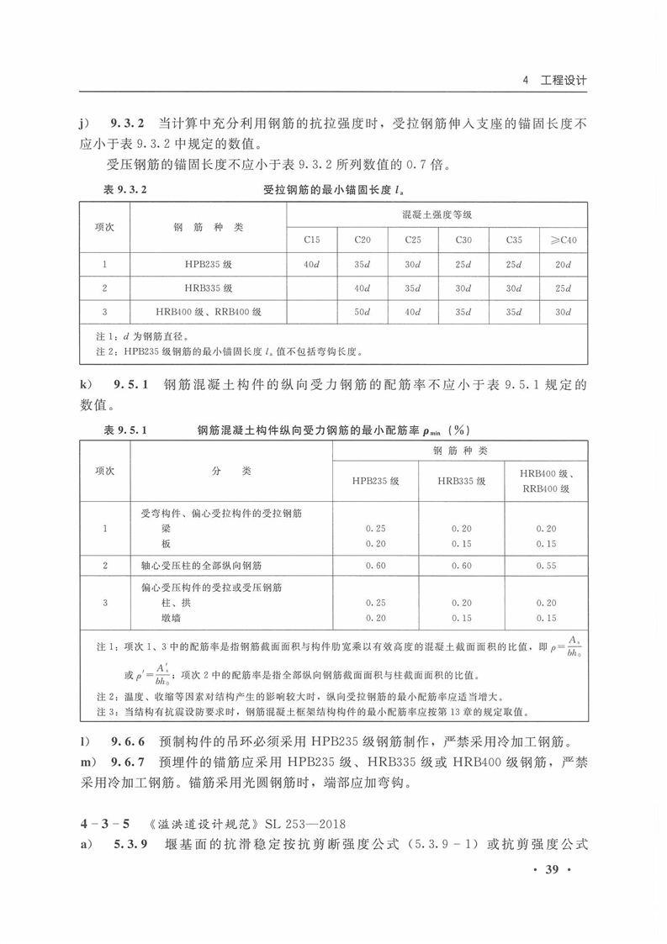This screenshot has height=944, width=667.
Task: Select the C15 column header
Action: [311, 240]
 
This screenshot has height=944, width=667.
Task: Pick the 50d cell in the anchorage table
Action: [362, 312]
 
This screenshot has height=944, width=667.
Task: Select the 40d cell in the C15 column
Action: [311, 265]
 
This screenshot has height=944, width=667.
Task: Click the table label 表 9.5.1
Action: [124, 430]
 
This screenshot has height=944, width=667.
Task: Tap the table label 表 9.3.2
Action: [124, 190]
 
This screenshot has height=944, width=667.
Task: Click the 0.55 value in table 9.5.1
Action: [546, 566]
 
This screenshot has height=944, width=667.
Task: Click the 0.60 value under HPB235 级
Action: [375, 566]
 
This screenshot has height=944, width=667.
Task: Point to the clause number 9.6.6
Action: [129, 742]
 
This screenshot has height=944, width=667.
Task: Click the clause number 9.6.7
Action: [129, 764]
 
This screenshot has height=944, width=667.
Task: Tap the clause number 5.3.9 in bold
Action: [129, 844]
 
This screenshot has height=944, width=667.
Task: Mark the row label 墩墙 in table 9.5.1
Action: [172, 618]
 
